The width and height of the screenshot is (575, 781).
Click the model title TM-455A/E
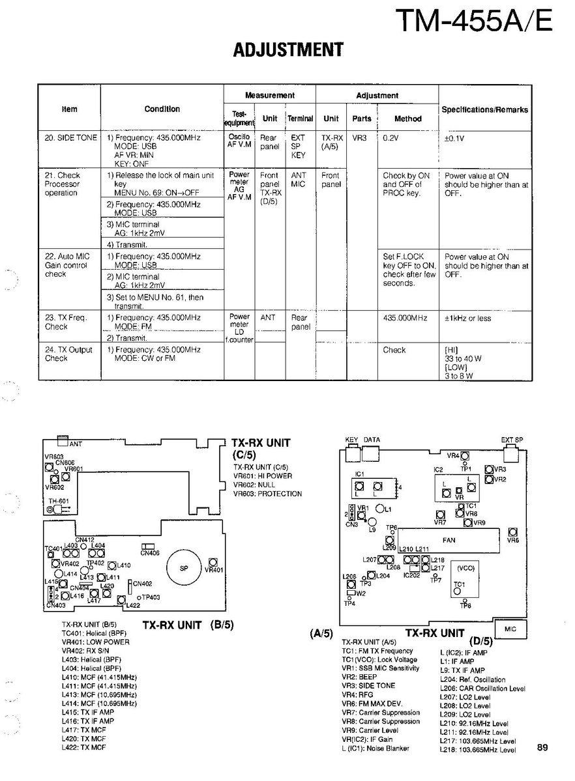474,22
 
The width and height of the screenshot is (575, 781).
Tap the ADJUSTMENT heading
288,50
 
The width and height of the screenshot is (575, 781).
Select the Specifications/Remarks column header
484,110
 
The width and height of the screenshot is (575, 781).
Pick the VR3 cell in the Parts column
360,138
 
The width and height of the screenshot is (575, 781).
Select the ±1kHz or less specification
467,319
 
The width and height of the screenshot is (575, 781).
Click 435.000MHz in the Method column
405,319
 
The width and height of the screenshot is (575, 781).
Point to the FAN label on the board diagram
449,540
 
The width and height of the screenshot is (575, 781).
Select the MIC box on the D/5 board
510,629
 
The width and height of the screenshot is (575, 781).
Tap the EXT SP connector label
512,440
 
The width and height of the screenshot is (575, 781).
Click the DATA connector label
372,440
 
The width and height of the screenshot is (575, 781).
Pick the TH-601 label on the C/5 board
59,501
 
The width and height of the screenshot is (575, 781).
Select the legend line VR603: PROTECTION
267,494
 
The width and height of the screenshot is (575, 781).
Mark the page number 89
543,748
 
